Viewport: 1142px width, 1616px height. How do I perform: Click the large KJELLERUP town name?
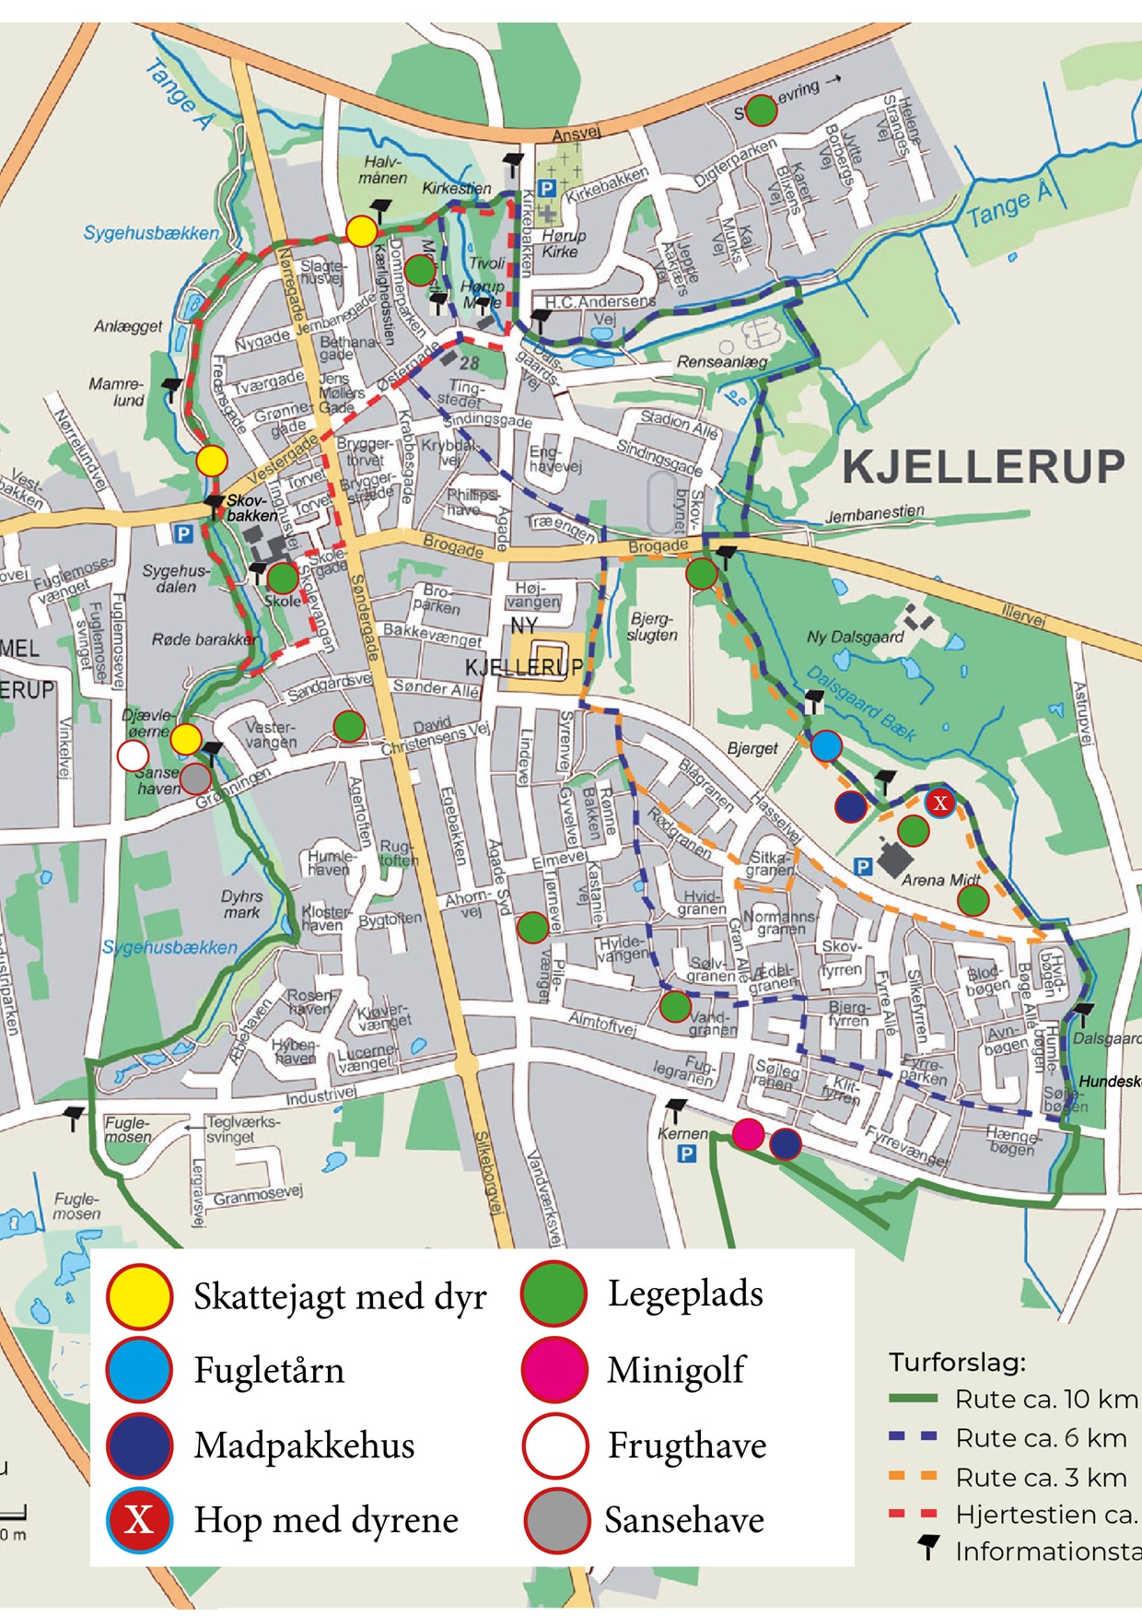point(983,467)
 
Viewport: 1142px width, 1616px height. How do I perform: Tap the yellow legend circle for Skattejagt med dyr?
point(139,1296)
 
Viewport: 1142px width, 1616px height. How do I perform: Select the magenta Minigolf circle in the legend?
point(554,1370)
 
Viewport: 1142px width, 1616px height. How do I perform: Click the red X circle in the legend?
point(139,1519)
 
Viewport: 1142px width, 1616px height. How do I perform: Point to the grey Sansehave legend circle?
point(556,1519)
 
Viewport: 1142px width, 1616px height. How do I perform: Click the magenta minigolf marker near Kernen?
point(748,1134)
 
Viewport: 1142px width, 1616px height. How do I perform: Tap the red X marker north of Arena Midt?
point(939,802)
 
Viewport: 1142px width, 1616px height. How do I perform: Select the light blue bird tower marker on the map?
point(826,745)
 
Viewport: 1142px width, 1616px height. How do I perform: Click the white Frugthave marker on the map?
point(134,756)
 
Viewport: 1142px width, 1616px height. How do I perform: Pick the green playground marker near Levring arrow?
point(761,111)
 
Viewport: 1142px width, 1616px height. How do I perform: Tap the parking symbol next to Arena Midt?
point(862,866)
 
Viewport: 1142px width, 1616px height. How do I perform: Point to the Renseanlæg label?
point(722,362)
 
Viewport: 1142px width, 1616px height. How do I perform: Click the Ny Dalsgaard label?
point(855,637)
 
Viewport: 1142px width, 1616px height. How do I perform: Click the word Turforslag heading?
point(956,1362)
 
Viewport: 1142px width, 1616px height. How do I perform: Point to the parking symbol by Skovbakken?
point(183,533)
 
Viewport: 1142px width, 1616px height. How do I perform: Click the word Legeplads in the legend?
point(685,1294)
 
